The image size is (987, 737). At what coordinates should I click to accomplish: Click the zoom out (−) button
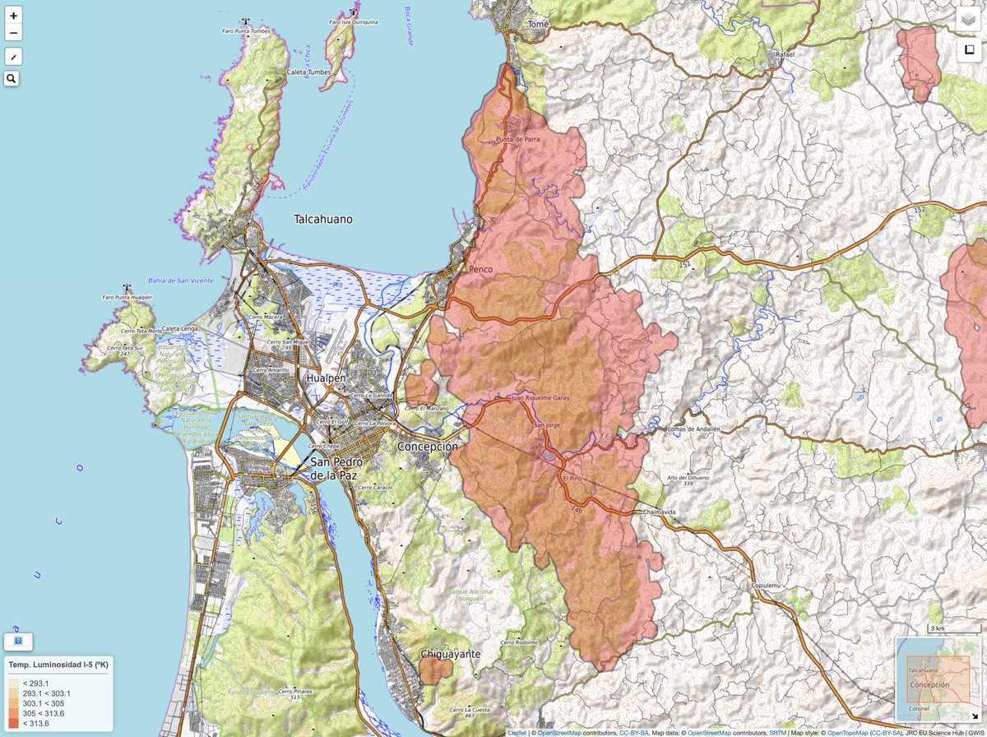click(13, 34)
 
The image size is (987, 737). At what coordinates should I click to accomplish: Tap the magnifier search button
click(12, 79)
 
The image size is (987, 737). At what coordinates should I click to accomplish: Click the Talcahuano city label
click(323, 220)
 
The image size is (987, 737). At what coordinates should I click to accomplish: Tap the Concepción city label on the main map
click(427, 446)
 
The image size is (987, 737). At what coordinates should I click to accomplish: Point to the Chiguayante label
click(450, 655)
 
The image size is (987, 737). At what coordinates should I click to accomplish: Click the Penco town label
click(480, 269)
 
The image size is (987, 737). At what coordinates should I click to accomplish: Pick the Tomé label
click(538, 25)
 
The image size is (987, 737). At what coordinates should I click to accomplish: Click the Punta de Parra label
click(517, 139)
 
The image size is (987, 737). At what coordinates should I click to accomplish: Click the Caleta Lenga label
click(181, 328)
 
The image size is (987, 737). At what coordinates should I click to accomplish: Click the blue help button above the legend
click(18, 640)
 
